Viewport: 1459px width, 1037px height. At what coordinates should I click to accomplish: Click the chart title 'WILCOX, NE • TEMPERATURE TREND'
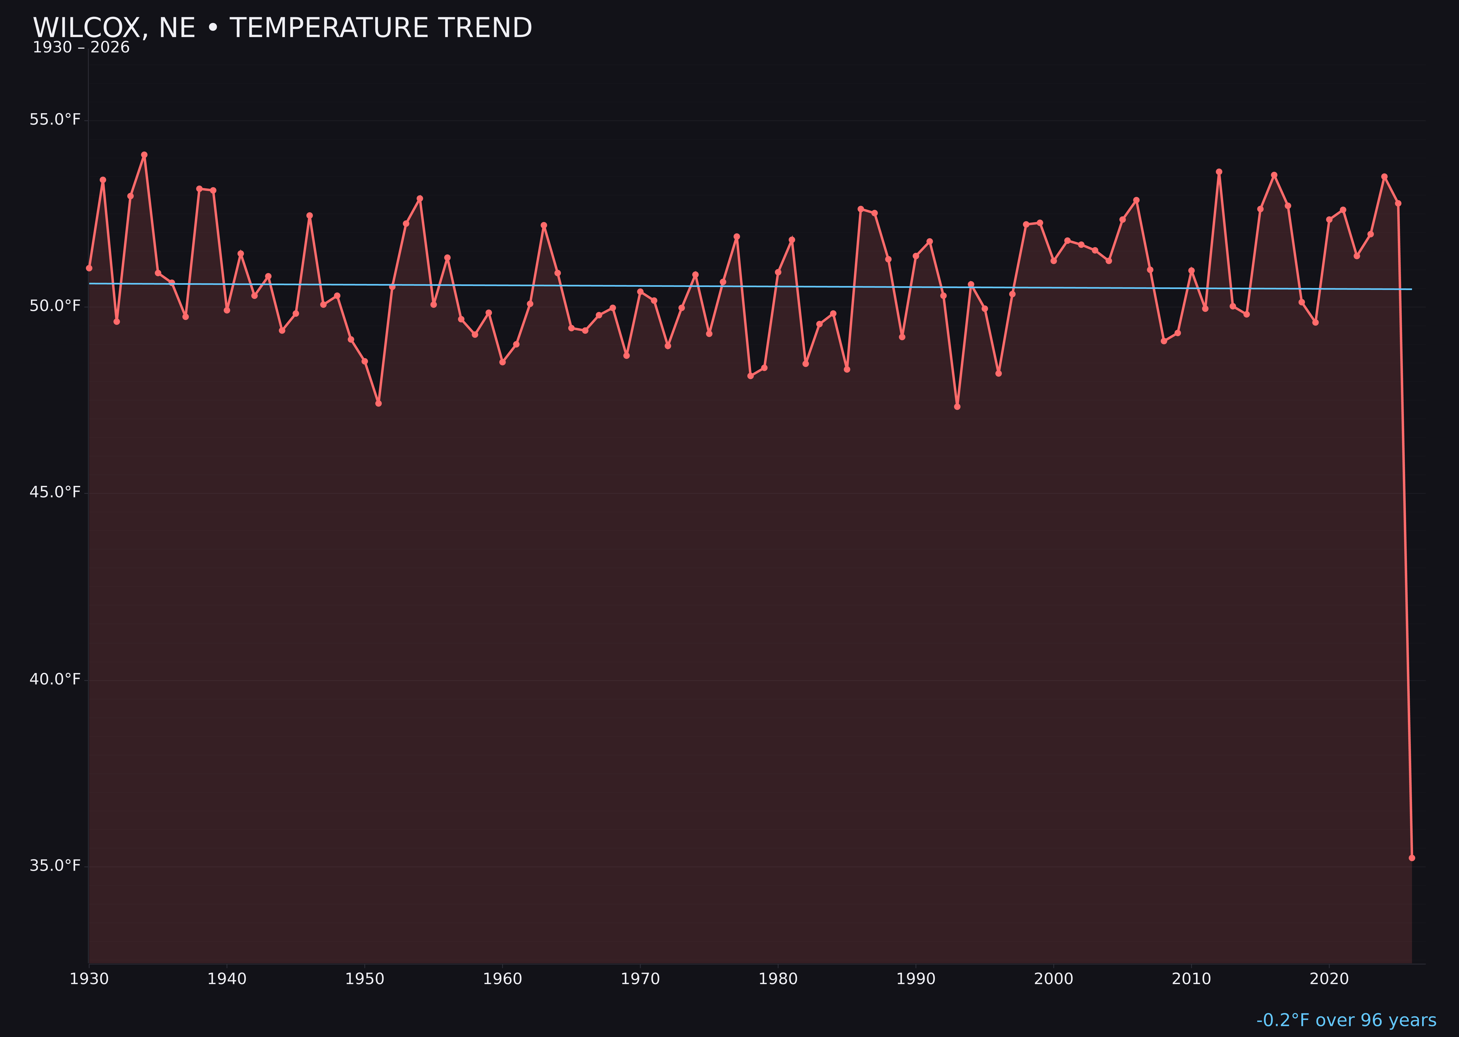pyautogui.click(x=282, y=28)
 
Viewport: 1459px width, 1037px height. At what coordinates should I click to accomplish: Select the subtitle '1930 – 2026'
pyautogui.click(x=81, y=48)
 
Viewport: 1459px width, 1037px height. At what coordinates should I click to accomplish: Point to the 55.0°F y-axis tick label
pyautogui.click(x=55, y=120)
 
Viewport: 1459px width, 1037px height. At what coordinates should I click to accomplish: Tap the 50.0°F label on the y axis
pyautogui.click(x=55, y=307)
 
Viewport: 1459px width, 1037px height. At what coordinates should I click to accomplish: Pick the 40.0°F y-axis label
pyautogui.click(x=55, y=679)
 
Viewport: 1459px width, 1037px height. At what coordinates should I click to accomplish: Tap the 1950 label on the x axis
pyautogui.click(x=365, y=979)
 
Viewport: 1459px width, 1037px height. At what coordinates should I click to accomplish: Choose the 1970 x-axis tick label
pyautogui.click(x=640, y=979)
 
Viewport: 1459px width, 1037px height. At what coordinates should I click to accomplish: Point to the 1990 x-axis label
pyautogui.click(x=916, y=979)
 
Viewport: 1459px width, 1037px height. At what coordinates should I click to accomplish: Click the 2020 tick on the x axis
pyautogui.click(x=1329, y=979)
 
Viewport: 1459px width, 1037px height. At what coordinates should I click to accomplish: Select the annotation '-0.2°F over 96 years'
pyautogui.click(x=1346, y=1020)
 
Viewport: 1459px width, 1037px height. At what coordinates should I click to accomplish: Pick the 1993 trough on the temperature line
pyautogui.click(x=957, y=407)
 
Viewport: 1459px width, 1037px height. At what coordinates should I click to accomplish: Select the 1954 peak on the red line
pyautogui.click(x=420, y=199)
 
